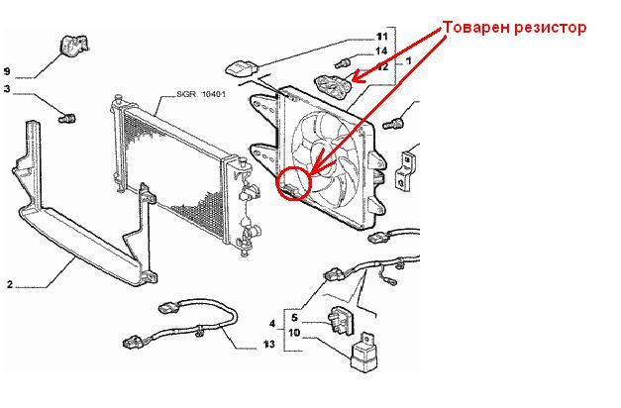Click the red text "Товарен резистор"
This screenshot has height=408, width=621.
(514, 28)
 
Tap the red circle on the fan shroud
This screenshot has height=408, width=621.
(278, 182)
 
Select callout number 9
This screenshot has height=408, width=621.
(7, 71)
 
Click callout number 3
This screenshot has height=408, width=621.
(7, 89)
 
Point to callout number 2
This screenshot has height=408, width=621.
(10, 284)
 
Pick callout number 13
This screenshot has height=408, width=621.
(269, 345)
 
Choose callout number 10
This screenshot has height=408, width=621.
(294, 333)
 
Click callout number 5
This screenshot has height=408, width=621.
(294, 318)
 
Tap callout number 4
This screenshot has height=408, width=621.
(272, 324)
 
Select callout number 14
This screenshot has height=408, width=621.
(381, 51)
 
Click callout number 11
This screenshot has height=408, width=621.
(381, 37)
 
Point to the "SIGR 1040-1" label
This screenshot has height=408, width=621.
(201, 94)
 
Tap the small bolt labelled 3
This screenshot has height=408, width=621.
(67, 118)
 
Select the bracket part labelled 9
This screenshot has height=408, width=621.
(74, 45)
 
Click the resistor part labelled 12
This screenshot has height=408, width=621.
(333, 86)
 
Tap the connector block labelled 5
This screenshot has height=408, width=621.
(340, 320)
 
